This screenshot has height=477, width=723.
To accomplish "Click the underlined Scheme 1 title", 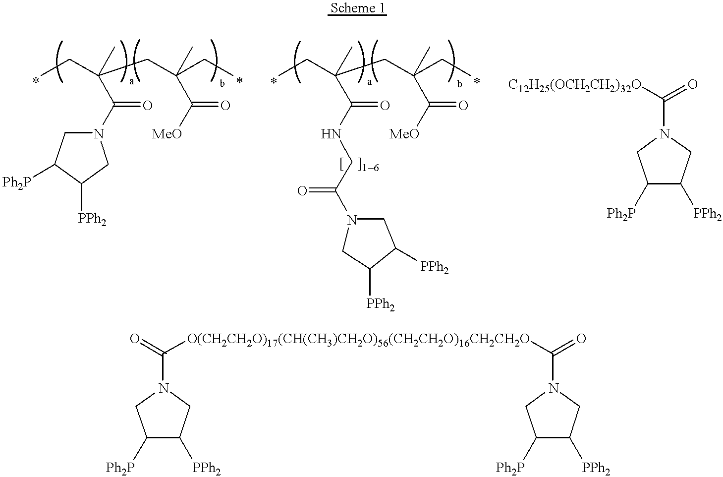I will pyautogui.click(x=357, y=9).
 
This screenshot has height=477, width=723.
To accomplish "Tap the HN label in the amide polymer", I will pyautogui.click(x=331, y=134).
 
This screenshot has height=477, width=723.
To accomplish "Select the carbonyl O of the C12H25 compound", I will pyautogui.click(x=692, y=84).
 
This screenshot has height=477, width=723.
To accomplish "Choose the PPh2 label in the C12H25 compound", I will pyautogui.click(x=707, y=214).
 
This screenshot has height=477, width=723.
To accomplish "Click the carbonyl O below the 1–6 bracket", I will pyautogui.click(x=303, y=190).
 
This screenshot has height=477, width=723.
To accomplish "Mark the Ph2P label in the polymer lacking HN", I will pyautogui.click(x=16, y=182).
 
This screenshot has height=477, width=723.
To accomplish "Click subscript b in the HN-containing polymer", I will pyautogui.click(x=459, y=84).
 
